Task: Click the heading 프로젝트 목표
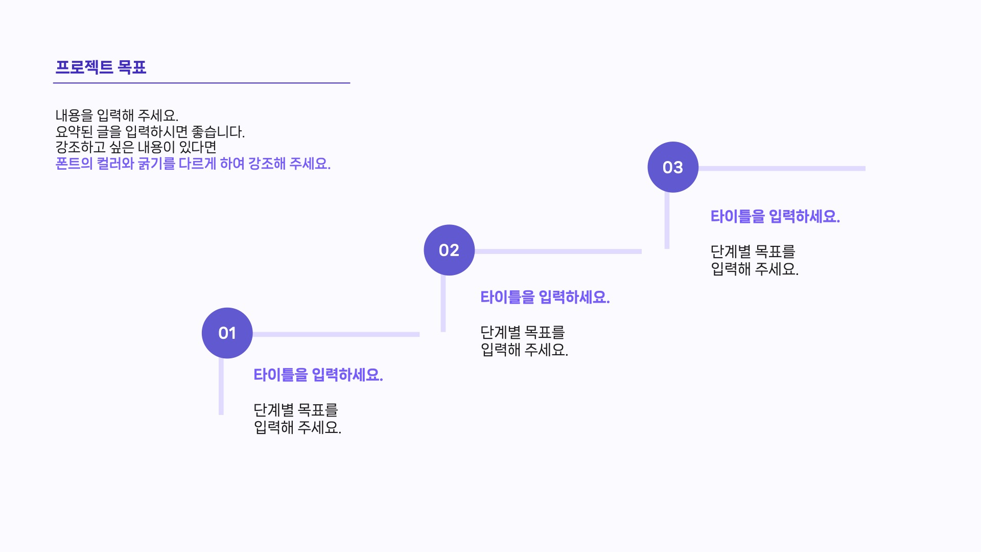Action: coord(101,67)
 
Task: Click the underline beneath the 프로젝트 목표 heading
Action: coord(201,83)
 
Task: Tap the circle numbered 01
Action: coord(227,333)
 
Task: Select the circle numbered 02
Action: coord(449,250)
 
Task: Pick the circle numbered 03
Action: coord(672,167)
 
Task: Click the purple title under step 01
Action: coord(318,375)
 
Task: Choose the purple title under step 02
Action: coord(545,297)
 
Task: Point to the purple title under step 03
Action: coord(775,216)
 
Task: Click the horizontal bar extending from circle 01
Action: coord(336,334)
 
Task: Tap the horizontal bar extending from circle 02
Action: coord(557,251)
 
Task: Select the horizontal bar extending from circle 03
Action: coord(782,168)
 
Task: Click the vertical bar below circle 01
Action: coord(221,386)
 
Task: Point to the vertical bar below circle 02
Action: coord(443,304)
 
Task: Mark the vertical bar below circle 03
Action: coord(667,221)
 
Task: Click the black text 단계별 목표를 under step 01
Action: coord(295,409)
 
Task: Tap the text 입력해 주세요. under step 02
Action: coord(524,350)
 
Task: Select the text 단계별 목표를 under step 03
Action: coord(752,251)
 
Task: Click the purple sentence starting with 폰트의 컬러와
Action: coord(193,164)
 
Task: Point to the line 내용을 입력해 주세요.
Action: coord(116,116)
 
